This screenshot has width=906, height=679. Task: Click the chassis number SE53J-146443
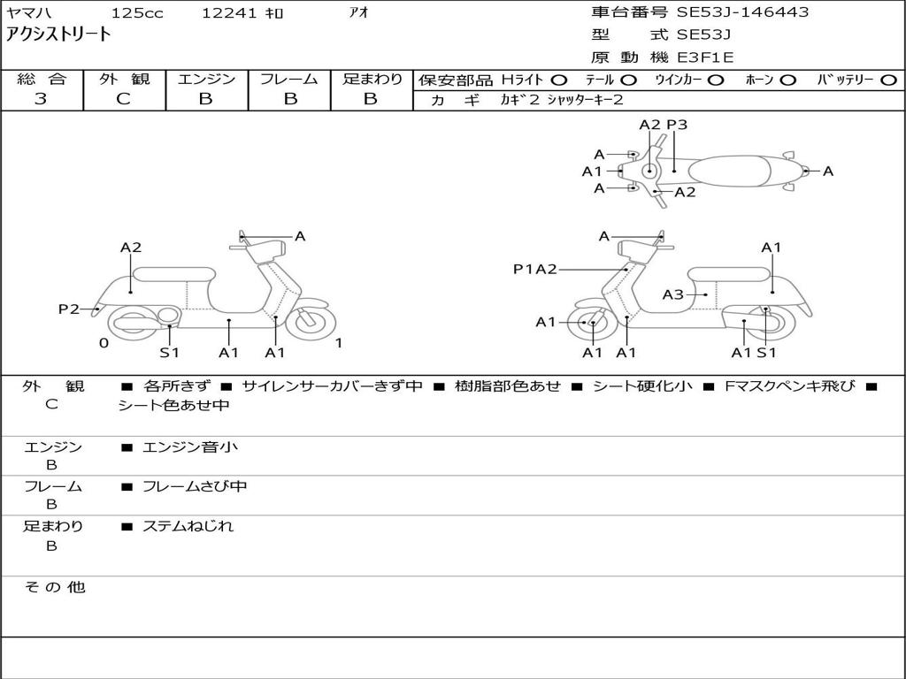tap(742, 12)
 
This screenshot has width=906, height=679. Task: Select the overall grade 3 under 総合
tap(41, 99)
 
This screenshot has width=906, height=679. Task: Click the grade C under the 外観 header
tap(124, 99)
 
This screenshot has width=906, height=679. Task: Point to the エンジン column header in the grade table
tap(206, 79)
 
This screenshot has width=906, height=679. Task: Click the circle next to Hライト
tap(559, 80)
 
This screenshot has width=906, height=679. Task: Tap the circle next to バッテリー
tap(888, 80)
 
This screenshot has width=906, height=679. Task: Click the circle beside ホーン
tap(787, 80)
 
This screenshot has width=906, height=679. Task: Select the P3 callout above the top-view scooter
tap(677, 125)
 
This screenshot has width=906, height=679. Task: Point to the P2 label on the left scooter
tap(69, 309)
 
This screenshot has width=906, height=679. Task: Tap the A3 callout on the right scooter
tap(672, 294)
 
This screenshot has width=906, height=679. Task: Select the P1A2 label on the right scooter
tap(535, 269)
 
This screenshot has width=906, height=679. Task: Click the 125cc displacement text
tap(137, 12)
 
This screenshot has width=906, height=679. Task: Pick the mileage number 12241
tap(229, 12)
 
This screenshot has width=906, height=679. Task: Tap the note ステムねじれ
tap(188, 526)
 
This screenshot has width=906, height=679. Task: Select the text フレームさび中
tap(195, 487)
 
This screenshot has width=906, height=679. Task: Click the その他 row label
tap(55, 587)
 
